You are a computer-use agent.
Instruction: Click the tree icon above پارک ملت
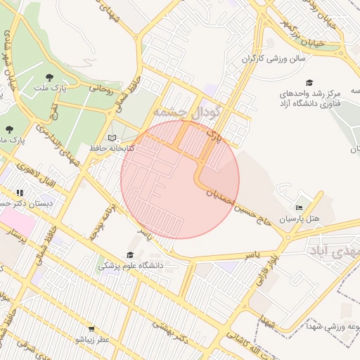[49, 77]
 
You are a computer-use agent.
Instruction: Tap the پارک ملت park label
[49, 89]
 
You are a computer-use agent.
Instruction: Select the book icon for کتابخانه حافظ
[112, 138]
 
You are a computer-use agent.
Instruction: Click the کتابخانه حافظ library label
[108, 148]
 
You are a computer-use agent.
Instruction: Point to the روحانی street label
[101, 89]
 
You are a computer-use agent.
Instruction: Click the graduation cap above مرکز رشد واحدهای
[310, 82]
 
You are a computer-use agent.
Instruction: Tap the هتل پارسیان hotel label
[300, 219]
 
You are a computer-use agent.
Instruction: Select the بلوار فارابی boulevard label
[271, 275]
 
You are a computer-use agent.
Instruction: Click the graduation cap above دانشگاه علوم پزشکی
[129, 255]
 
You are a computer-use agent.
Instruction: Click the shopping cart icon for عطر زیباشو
[91, 329]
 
